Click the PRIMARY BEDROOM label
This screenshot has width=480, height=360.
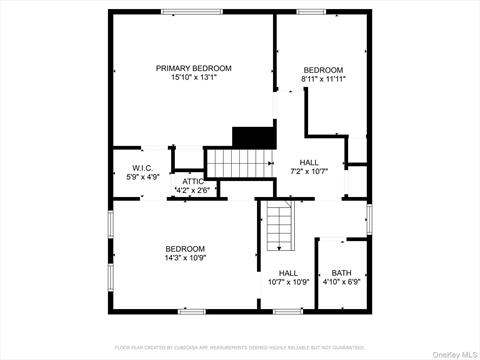[193, 68]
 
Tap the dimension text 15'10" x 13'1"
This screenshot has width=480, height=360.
[193, 78]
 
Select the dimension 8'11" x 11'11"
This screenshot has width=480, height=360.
[323, 79]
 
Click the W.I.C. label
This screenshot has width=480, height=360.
[141, 167]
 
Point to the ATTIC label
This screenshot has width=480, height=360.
[192, 181]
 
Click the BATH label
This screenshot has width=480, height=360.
[342, 272]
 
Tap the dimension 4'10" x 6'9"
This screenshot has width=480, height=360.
[342, 282]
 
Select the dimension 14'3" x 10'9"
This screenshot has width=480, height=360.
[185, 258]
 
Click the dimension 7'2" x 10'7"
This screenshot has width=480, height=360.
[309, 171]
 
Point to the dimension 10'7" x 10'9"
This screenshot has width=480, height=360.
[288, 282]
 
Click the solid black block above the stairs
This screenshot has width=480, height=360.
[253, 136]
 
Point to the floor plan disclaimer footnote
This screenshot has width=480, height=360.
[240, 347]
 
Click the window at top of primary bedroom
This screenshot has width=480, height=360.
[192, 12]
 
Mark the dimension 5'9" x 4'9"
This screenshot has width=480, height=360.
[141, 177]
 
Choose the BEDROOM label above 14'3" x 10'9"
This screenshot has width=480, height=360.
[185, 248]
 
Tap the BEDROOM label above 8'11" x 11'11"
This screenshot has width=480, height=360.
[323, 69]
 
